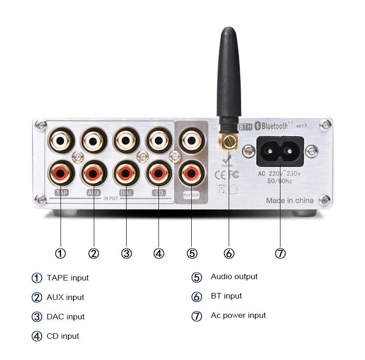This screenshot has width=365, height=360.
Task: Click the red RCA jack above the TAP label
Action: pyautogui.click(x=61, y=174)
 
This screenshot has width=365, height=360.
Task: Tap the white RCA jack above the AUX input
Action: pyautogui.click(x=94, y=139)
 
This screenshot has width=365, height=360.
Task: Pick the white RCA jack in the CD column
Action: pyautogui.click(x=158, y=139)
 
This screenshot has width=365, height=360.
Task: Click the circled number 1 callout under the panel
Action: pyautogui.click(x=61, y=253)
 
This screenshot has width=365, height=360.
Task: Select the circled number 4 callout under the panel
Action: pyautogui.click(x=159, y=253)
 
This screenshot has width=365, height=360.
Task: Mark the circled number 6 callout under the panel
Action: pyautogui.click(x=229, y=253)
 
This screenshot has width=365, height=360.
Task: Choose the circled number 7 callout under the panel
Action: pyautogui.click(x=280, y=253)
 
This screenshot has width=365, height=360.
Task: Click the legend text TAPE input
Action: pyautogui.click(x=67, y=278)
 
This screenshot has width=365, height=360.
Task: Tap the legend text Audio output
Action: pyautogui.click(x=234, y=276)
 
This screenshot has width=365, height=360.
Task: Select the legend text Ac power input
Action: pyautogui.click(x=238, y=315)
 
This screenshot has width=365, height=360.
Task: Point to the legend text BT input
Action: pyautogui.click(x=226, y=296)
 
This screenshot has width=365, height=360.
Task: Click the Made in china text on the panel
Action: pyautogui.click(x=290, y=201)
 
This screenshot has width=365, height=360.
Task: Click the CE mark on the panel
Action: pyautogui.click(x=221, y=175)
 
